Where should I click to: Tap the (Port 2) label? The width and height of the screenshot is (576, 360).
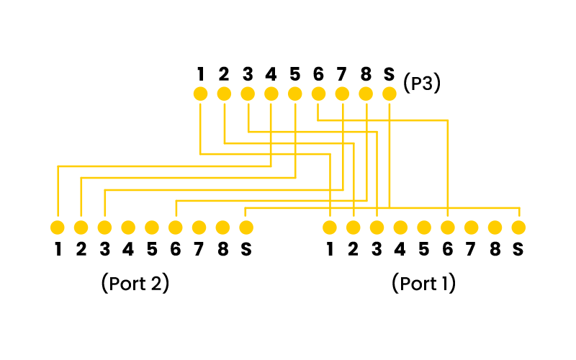click(x=135, y=283)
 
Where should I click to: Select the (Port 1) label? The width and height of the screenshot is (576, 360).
click(x=424, y=283)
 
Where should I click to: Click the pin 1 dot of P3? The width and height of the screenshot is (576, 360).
click(x=200, y=94)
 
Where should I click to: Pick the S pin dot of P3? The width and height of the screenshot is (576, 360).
click(x=390, y=94)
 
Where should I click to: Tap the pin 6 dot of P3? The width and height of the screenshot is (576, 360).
click(x=318, y=94)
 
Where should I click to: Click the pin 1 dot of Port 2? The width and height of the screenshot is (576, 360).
click(x=57, y=228)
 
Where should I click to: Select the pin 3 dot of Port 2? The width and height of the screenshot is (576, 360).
click(x=104, y=228)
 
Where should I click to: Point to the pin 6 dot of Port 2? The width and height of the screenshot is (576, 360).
click(x=175, y=228)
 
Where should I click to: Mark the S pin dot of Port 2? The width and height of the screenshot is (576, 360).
click(x=246, y=228)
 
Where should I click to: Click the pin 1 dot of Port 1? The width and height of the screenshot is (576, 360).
click(x=330, y=228)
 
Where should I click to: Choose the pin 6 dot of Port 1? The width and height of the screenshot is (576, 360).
click(x=448, y=228)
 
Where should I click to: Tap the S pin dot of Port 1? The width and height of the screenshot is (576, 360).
click(x=518, y=228)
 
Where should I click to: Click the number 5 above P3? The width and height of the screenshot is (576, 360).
click(x=294, y=73)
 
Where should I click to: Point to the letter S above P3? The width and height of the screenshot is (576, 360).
click(x=390, y=73)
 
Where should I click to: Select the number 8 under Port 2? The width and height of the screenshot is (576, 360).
click(x=222, y=250)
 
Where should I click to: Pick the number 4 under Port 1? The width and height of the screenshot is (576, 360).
click(x=400, y=250)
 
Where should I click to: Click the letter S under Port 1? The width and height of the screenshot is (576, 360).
click(x=518, y=250)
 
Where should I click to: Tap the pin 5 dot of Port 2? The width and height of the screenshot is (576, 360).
click(x=151, y=228)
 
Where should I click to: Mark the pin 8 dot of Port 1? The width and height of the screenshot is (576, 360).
click(x=495, y=228)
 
